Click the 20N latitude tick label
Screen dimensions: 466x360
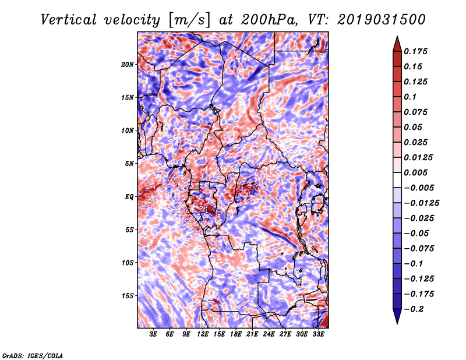128,65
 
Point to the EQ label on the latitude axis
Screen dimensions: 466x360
129,197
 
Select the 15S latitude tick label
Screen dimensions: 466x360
128,296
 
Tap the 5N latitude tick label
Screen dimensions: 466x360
129,164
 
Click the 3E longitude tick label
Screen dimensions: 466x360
153,334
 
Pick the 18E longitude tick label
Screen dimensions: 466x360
236,334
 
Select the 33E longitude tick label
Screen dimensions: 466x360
318,334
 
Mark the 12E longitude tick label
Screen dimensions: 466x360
203,334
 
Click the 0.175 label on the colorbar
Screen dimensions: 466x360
415,51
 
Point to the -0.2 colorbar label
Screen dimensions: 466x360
414,309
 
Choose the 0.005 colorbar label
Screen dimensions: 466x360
415,172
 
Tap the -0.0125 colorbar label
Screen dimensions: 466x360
421,203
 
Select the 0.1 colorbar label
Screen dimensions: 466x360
410,97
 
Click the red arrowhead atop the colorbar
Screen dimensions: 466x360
397,44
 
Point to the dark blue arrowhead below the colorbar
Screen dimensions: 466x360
397,316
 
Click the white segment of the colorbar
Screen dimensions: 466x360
397,180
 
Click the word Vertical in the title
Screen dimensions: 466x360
69,20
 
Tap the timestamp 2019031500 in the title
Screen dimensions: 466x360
382,20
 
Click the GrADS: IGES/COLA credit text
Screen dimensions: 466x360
33,355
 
